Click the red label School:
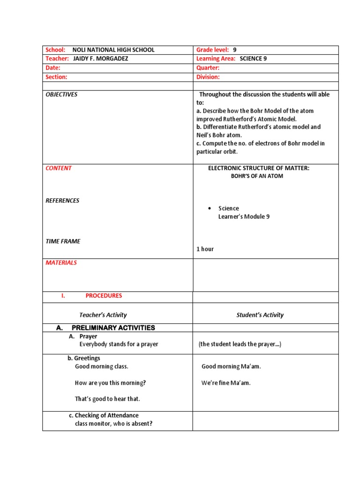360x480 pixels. click(55, 50)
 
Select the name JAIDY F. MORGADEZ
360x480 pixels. click(101, 59)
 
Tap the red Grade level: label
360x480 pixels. click(212, 50)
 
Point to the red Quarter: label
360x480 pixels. click(208, 68)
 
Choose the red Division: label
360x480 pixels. click(208, 77)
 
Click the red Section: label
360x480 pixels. click(56, 77)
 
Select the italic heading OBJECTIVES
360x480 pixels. click(61, 95)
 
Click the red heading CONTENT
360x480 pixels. click(59, 168)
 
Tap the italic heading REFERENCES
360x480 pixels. click(62, 201)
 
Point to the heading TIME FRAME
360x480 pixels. click(63, 241)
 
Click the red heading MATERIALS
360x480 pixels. click(61, 263)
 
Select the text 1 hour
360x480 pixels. click(205, 249)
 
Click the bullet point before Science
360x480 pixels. click(209, 209)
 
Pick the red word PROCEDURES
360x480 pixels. click(104, 296)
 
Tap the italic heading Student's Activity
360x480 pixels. click(260, 315)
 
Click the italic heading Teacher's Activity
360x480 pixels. click(103, 315)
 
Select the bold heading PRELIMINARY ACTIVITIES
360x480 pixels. click(113, 328)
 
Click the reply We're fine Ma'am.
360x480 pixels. click(226, 383)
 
